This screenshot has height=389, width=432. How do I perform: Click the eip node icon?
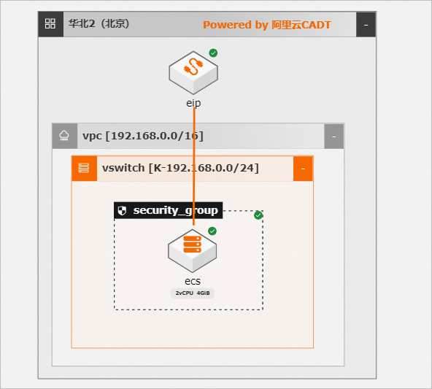193,73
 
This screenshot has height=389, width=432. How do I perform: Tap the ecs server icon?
193,251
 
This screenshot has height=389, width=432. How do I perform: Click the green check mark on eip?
213,53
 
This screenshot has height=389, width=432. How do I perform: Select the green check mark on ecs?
212,231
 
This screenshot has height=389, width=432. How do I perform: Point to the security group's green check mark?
258,215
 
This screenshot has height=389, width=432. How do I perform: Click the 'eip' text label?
193,103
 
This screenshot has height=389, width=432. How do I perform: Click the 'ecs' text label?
193,281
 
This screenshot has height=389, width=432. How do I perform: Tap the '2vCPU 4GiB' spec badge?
193,293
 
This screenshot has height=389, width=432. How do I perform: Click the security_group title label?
175,211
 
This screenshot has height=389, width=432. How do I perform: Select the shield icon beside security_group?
122,211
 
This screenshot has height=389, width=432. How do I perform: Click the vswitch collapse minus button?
303,169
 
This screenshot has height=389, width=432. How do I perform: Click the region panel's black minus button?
366,25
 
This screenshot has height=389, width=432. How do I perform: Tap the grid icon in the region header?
50,23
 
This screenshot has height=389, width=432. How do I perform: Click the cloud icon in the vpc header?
64,136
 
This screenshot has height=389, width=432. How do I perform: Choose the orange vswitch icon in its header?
84,168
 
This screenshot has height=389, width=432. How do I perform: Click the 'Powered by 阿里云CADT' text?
267,25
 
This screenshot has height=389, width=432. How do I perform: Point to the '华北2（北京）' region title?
99,23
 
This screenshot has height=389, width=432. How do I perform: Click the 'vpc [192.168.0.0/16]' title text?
143,136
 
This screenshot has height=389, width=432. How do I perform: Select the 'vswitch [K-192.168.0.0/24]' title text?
180,168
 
